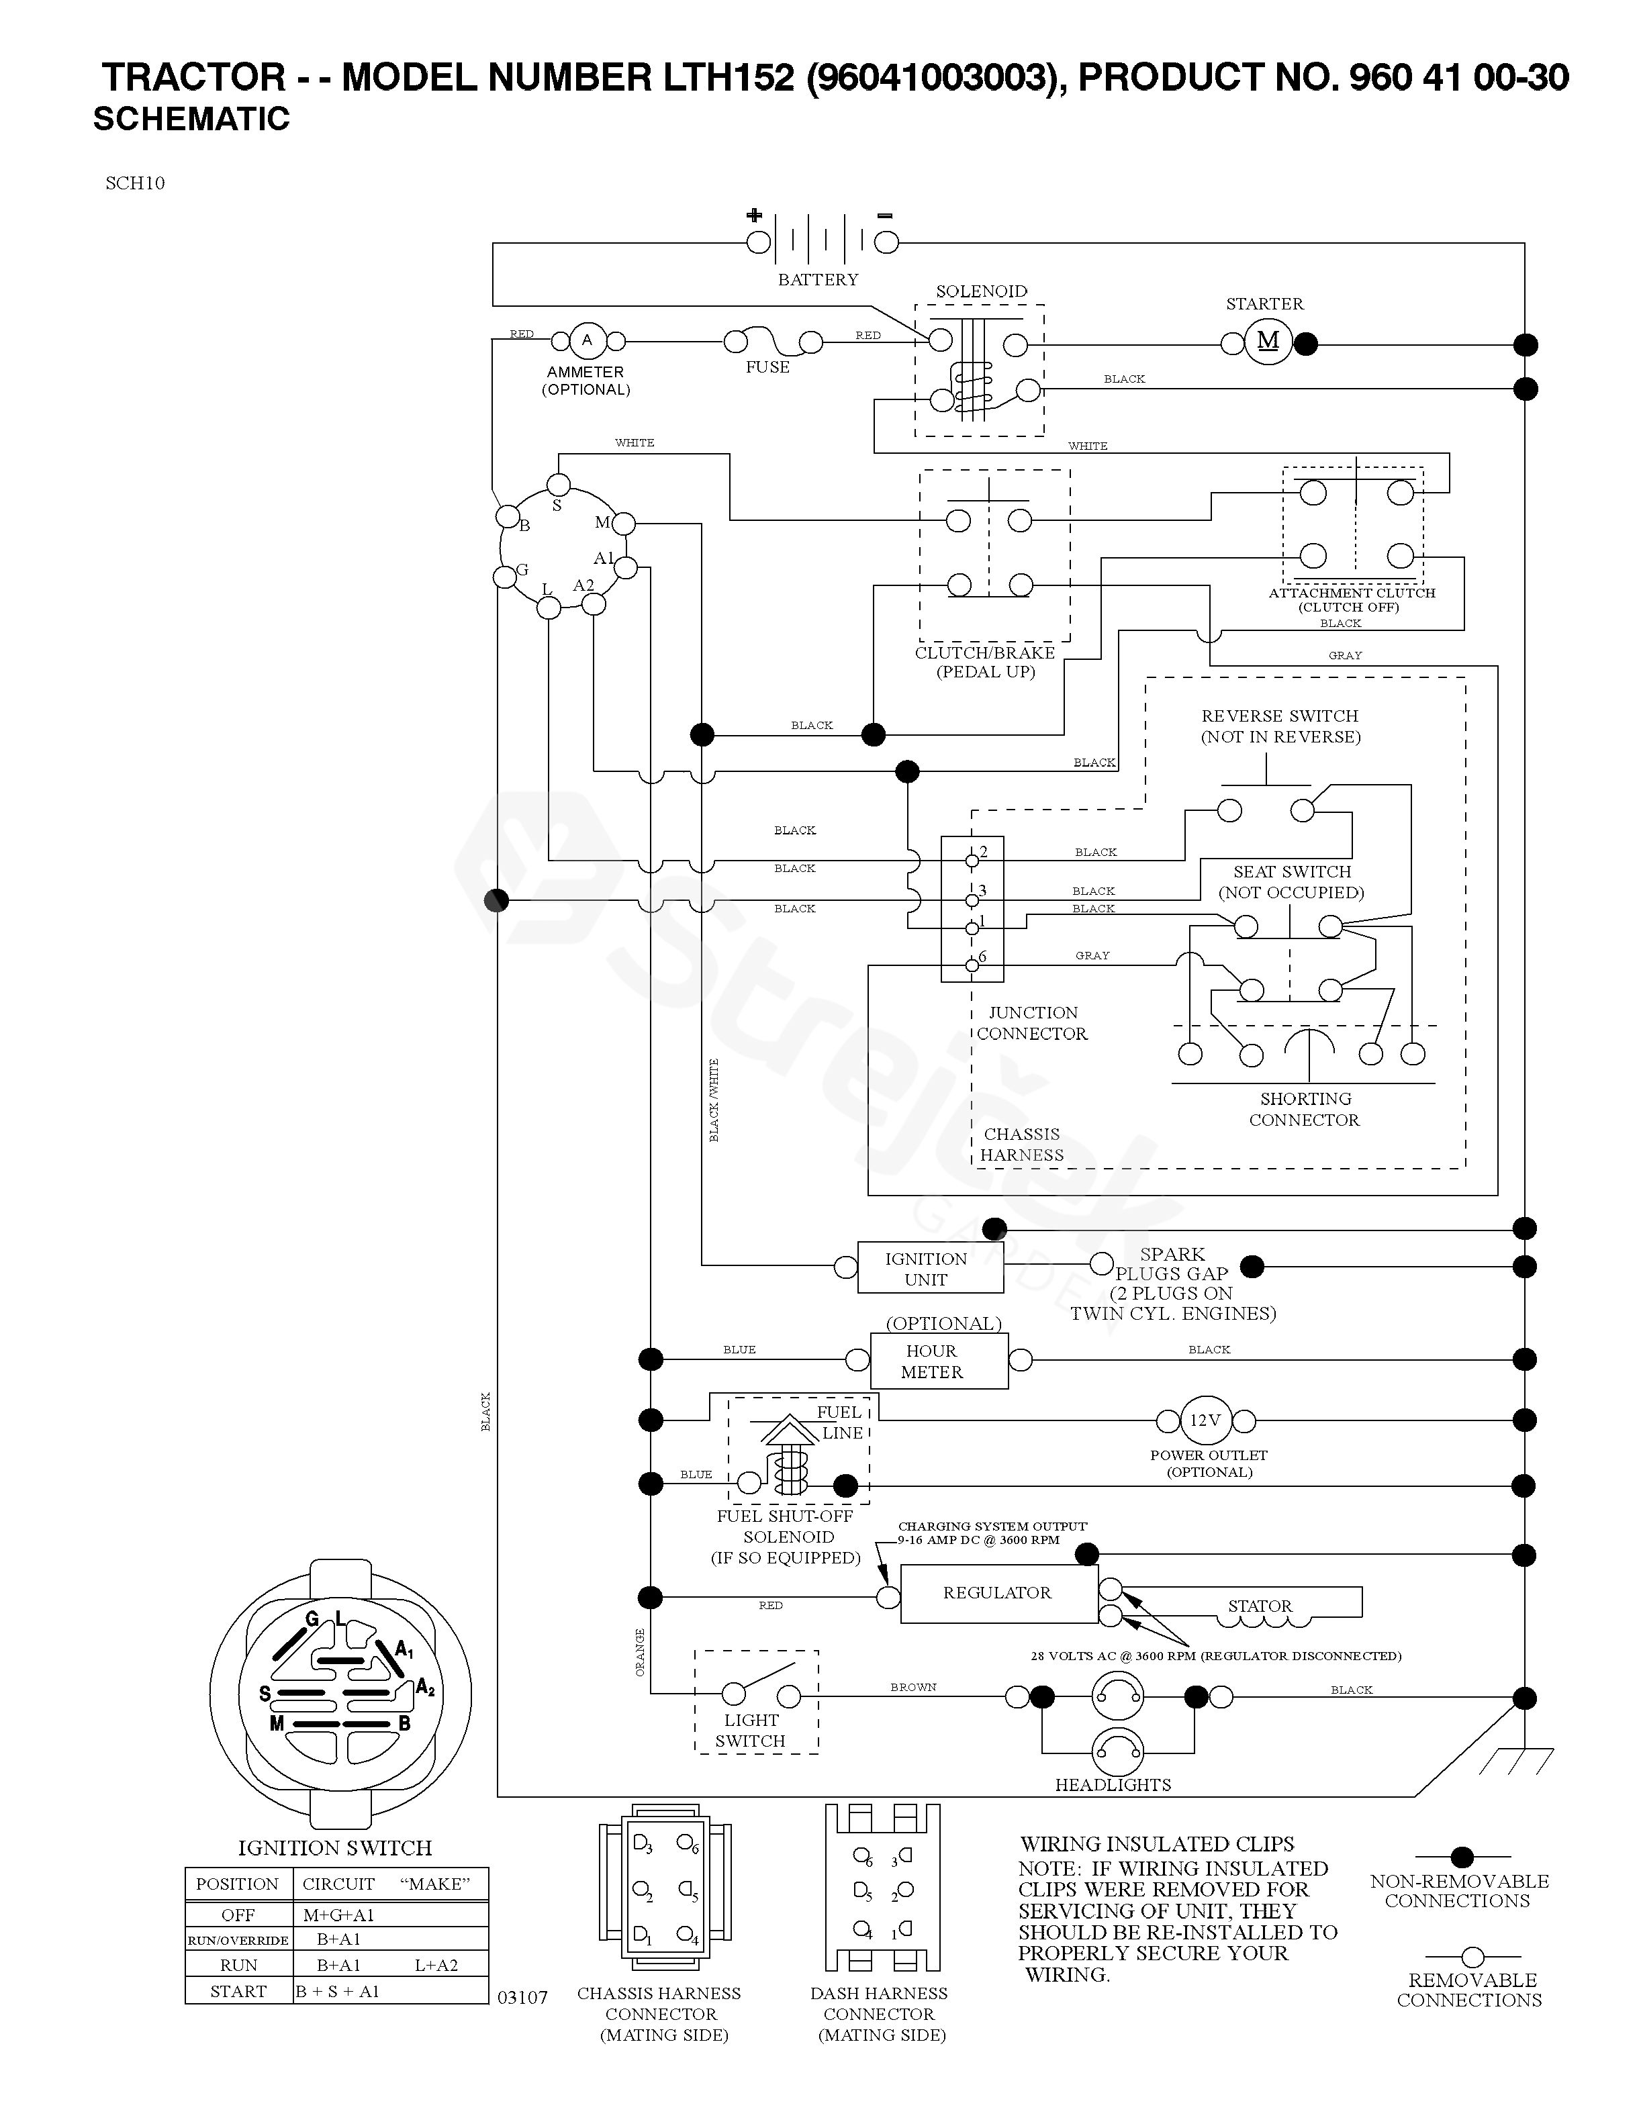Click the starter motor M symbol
[x=1268, y=341]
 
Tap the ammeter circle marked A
[x=587, y=341]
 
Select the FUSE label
[x=768, y=367]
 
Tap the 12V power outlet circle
[x=1205, y=1420]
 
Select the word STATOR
[x=1260, y=1606]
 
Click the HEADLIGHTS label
[x=1113, y=1785]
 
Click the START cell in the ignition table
[x=239, y=1992]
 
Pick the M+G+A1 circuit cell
[x=338, y=1915]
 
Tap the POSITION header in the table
[x=238, y=1884]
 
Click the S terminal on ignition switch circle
[x=559, y=484]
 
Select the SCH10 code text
[x=136, y=183]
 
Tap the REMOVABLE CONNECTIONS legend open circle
[x=1472, y=1957]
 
